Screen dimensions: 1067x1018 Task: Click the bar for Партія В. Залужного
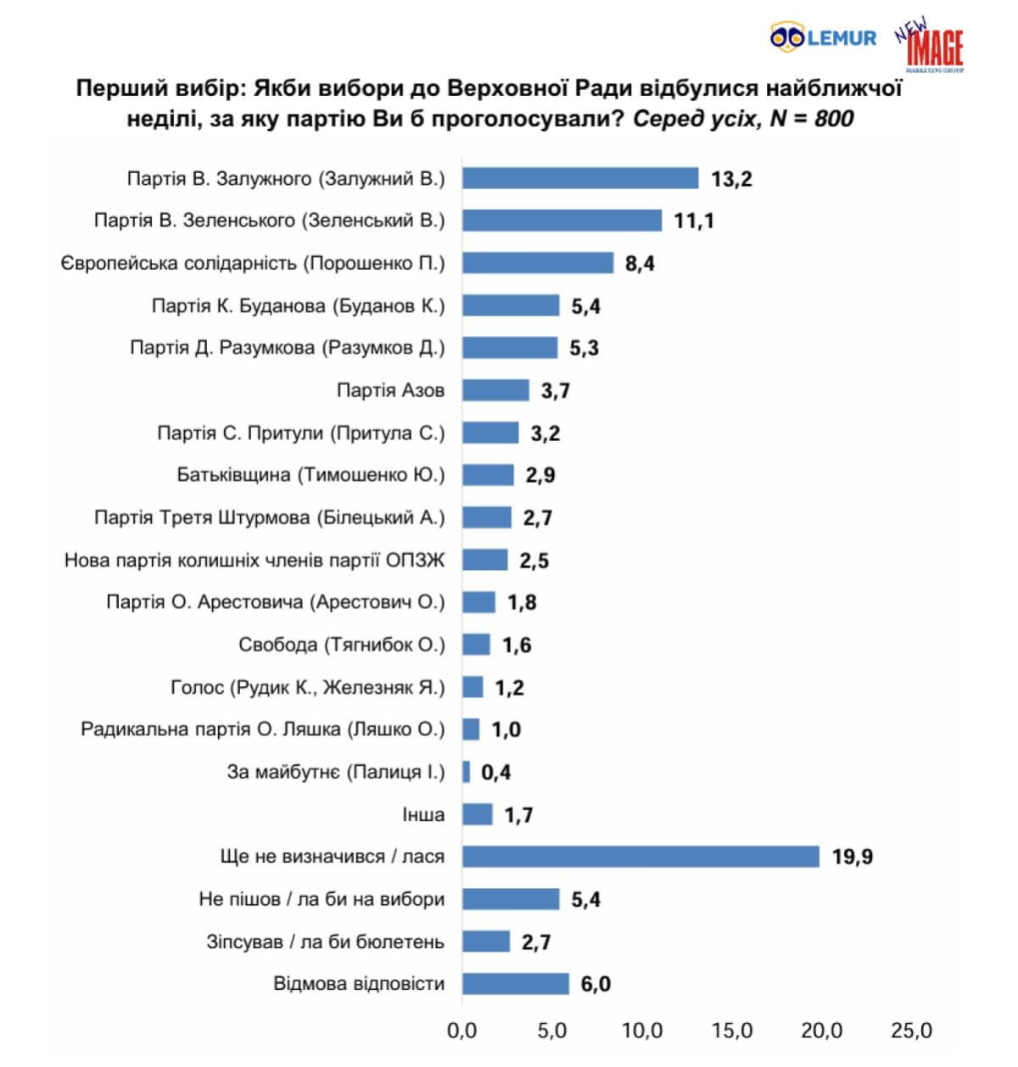[580, 178]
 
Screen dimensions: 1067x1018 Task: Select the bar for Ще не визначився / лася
[640, 857]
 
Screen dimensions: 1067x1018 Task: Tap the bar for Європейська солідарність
[538, 263]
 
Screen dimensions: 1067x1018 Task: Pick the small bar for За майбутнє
[467, 772]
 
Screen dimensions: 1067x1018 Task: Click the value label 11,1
[694, 221]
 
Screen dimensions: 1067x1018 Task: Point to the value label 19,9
[852, 858]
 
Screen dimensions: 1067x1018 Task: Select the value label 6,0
[596, 985]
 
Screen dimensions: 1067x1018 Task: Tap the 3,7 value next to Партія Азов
[556, 391]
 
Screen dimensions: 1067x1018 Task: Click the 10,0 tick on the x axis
[642, 1031]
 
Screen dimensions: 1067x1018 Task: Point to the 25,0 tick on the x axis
[911, 1031]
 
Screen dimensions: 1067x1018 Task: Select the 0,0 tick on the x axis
[461, 1031]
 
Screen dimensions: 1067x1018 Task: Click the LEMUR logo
[823, 38]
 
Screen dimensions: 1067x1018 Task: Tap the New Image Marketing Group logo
[931, 46]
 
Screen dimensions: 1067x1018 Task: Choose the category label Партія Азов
[390, 391]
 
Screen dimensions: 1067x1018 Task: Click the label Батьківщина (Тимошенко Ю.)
[310, 475]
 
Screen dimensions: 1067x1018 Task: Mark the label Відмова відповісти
[359, 984]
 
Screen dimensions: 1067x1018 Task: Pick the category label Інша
[423, 815]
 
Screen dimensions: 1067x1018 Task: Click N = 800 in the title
[811, 119]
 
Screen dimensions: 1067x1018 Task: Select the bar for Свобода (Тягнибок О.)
[476, 645]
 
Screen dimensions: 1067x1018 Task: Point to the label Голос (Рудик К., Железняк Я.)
[307, 687]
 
